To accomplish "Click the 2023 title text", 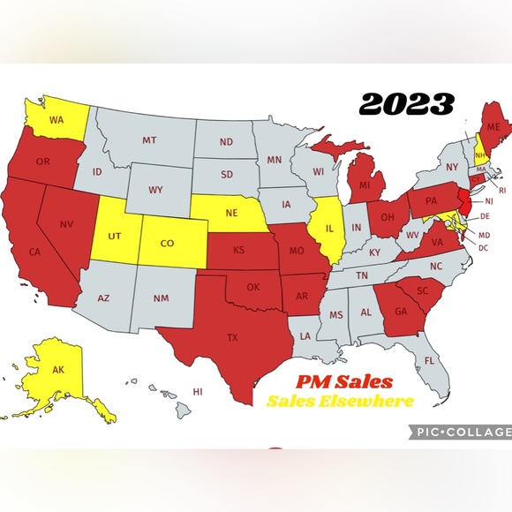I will (407, 104).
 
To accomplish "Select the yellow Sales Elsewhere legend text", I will (340, 402).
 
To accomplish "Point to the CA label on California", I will (35, 251).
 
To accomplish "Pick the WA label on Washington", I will (56, 119).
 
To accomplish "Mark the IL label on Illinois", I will (328, 225).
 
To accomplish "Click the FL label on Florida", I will (429, 360).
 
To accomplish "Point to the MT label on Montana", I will (149, 140).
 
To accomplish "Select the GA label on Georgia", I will (400, 310).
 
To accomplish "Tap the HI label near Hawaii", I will (198, 391).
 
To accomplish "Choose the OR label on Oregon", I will (42, 162).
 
